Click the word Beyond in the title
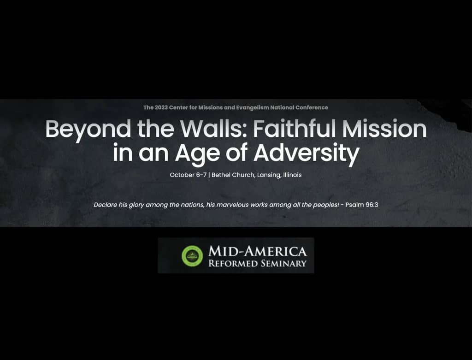[x=88, y=130]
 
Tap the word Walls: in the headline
[x=211, y=129]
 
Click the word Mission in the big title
[x=384, y=129]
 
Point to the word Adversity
[x=307, y=154]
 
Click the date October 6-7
[x=188, y=175]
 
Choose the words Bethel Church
[x=233, y=175]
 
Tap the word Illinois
[x=292, y=175]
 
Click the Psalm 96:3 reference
[x=361, y=205]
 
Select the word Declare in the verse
[x=105, y=205]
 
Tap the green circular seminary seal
[x=192, y=256]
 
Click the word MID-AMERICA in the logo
[x=258, y=251]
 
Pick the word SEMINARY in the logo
[x=283, y=264]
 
